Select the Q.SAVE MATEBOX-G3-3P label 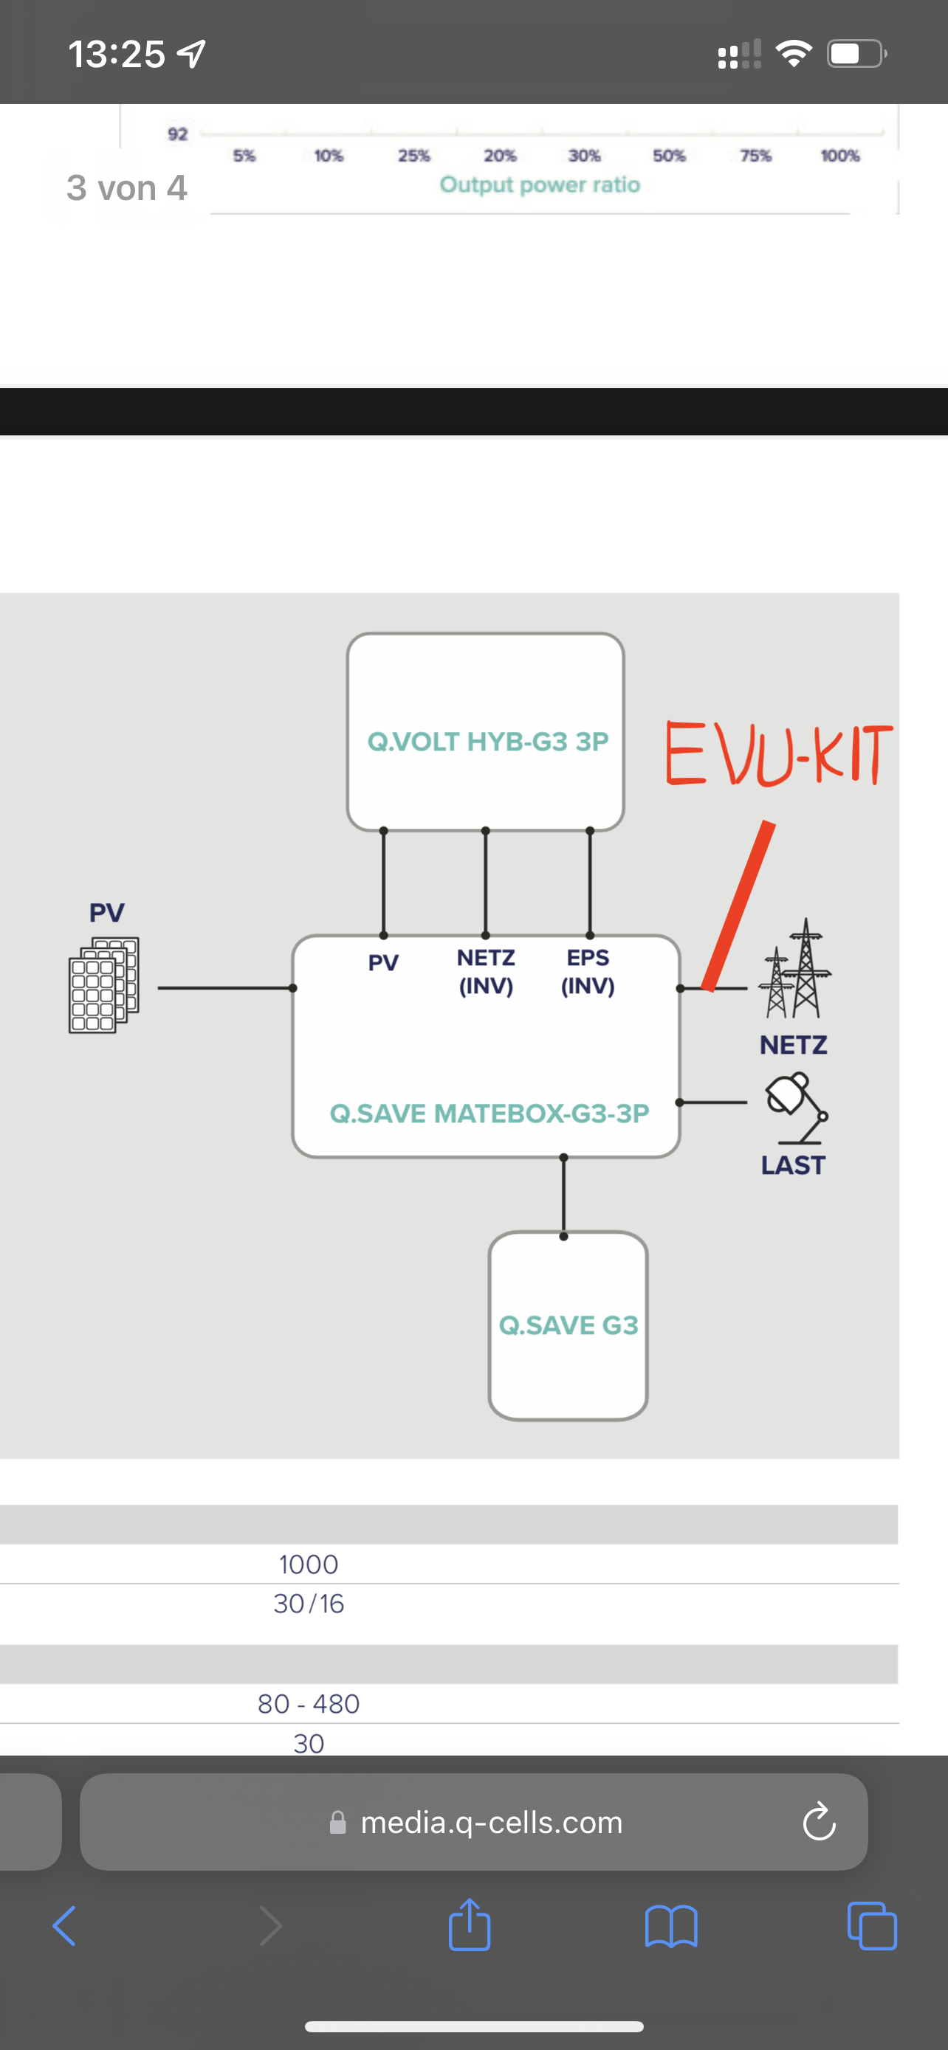click(x=490, y=1114)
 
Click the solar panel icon click(x=103, y=985)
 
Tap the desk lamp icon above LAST click(x=795, y=1107)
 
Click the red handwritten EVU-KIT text click(x=778, y=754)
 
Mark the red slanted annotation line click(x=738, y=905)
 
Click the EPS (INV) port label click(x=588, y=972)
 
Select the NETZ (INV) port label click(x=486, y=972)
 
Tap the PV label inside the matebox click(x=383, y=963)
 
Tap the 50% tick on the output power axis click(x=669, y=156)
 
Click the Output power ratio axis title click(x=540, y=184)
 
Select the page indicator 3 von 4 click(x=126, y=188)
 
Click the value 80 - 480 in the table click(x=309, y=1704)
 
